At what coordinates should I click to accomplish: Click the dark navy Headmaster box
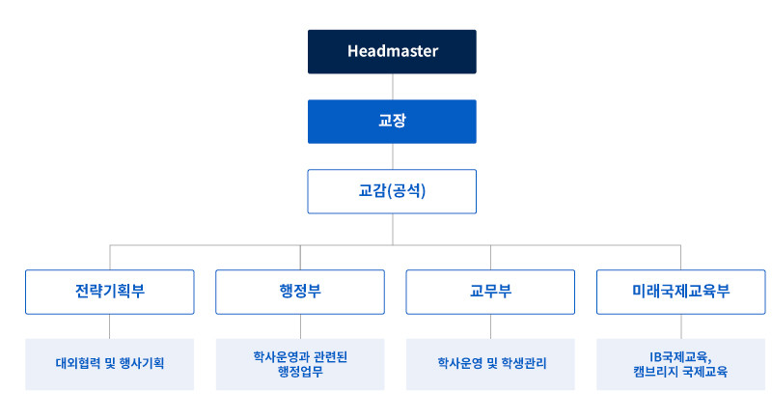392,52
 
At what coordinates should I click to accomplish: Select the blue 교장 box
392,122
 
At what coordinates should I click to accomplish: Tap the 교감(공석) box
392,191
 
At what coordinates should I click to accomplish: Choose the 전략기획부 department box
110,292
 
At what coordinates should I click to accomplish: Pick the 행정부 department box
300,292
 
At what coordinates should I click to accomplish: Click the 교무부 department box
490,292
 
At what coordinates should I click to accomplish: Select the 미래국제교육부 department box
681,292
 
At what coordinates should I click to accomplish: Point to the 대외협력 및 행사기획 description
110,364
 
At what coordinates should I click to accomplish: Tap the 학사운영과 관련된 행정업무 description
300,364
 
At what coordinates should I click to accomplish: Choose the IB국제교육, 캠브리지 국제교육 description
681,364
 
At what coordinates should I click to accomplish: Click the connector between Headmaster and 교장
393,87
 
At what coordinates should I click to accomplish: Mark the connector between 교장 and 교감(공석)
393,156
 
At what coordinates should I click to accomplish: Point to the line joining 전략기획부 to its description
110,326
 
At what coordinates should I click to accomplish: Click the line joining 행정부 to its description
300,326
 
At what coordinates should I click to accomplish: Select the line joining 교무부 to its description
490,326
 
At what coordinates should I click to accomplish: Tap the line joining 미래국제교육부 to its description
681,326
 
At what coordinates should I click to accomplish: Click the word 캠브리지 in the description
656,372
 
